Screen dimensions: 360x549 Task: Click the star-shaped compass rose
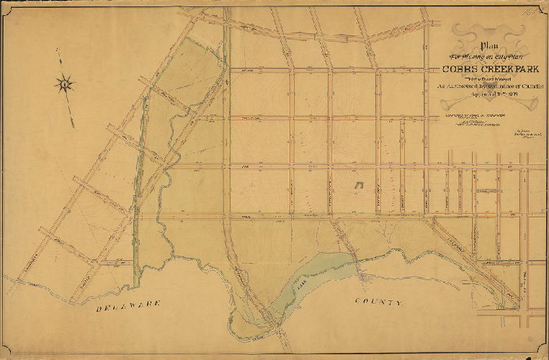pyautogui.click(x=65, y=84)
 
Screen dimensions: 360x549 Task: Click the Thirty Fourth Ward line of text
pyautogui.click(x=477, y=78)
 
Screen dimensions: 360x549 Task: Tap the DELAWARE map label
pyautogui.click(x=129, y=305)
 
